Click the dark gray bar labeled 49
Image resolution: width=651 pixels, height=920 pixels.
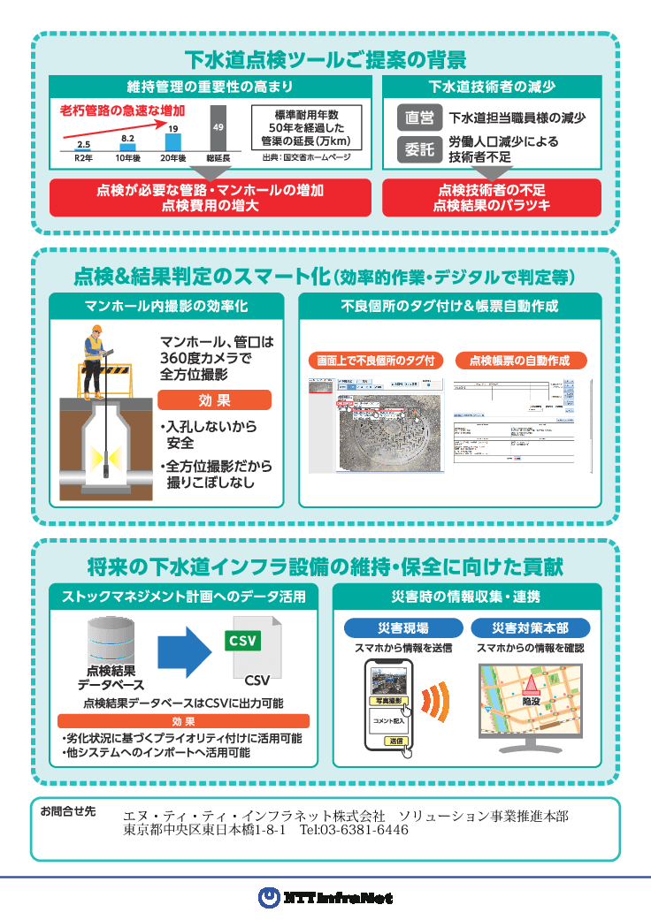tap(218, 128)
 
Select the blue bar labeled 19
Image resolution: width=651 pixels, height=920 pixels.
tap(173, 141)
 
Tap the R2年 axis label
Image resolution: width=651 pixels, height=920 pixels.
tap(83, 157)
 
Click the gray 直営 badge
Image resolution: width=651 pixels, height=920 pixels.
tap(419, 118)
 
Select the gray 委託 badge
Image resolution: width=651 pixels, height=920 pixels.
tap(419, 149)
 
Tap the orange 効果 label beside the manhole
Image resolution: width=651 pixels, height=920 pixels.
tap(214, 400)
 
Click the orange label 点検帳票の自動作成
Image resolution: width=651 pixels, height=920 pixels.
tap(521, 361)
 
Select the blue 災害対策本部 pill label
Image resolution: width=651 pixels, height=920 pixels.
tap(530, 628)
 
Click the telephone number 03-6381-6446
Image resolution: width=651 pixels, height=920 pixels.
tap(354, 831)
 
